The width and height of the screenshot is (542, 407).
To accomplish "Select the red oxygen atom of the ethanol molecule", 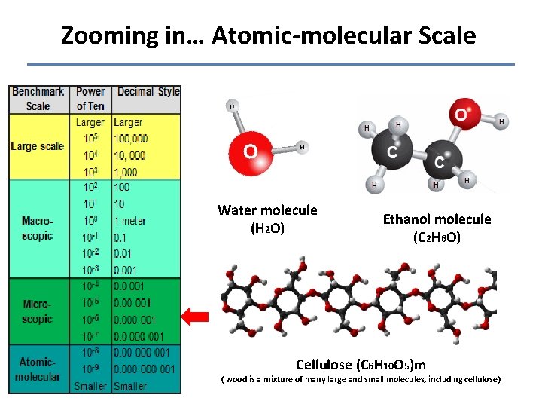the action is [459, 115].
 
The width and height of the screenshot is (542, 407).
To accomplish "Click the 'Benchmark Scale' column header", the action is [38, 99].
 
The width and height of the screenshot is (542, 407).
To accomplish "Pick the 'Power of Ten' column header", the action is [90, 99].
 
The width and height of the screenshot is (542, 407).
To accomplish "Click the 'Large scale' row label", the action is [38, 146].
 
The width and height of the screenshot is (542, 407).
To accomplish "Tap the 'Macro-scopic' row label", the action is [38, 228].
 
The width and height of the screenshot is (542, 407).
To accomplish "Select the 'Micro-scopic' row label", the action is [38, 311].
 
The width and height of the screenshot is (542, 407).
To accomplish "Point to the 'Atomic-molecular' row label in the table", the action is [38, 369].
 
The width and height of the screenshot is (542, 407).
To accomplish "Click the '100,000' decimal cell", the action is [131, 139].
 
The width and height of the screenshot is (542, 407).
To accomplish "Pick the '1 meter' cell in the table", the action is [129, 221].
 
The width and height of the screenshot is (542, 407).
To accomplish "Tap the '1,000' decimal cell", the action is [126, 172].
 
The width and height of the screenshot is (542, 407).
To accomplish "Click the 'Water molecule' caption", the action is [267, 210].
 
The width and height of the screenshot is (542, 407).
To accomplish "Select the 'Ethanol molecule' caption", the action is [437, 219].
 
